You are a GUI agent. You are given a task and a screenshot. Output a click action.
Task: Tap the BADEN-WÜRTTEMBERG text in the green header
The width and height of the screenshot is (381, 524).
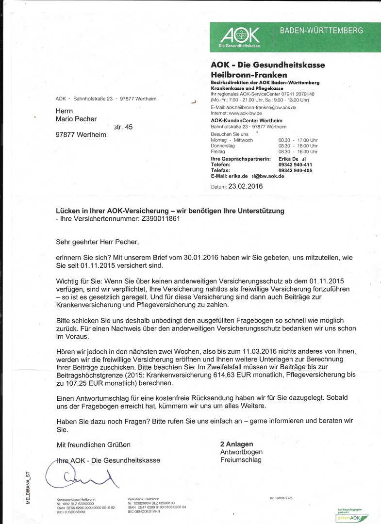coord(321,31)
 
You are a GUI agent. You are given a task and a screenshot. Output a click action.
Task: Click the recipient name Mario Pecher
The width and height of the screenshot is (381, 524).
coord(76,119)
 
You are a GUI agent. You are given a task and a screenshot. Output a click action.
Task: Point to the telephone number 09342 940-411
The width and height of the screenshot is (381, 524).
coord(295,164)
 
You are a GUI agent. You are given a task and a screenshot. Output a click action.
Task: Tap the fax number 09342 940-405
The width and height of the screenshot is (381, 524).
coord(295,170)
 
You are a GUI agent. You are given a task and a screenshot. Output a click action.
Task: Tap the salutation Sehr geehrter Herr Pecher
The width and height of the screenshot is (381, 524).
coord(100,241)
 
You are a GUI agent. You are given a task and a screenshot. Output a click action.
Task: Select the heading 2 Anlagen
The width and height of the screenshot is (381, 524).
coord(237,444)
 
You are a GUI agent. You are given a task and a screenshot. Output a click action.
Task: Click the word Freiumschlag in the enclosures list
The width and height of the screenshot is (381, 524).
coord(241,459)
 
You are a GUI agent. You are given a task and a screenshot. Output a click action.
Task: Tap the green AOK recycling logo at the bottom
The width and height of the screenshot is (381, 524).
coord(352,517)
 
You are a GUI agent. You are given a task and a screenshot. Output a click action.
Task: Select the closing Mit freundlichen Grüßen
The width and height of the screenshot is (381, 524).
coord(93,444)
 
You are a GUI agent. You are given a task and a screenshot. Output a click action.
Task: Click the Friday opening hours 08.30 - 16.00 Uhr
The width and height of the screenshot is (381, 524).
coord(298,151)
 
